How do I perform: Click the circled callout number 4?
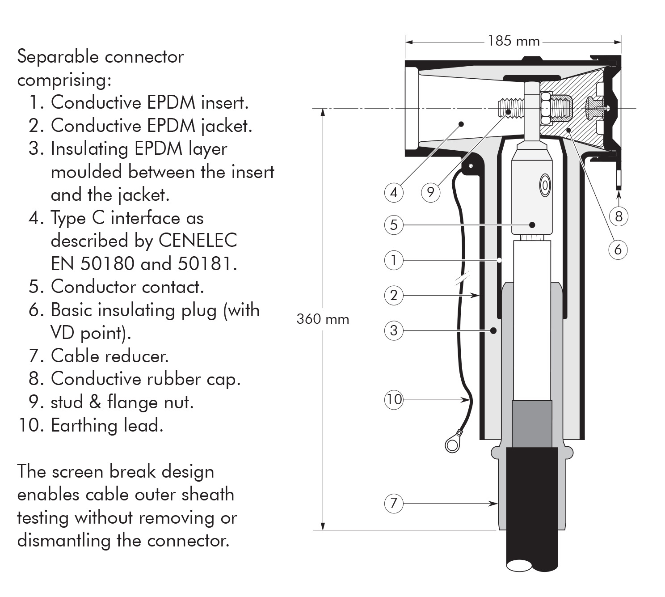point(393,192)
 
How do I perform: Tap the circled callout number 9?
point(430,192)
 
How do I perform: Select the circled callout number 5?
point(393,224)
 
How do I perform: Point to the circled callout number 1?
point(393,260)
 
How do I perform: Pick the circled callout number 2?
point(393,295)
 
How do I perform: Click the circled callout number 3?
point(393,330)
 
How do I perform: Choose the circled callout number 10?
point(394,399)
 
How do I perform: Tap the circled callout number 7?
point(393,504)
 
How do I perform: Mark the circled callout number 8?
point(619,216)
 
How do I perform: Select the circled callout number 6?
point(618,249)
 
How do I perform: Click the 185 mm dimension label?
point(513,41)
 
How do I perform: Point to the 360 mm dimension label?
point(323,319)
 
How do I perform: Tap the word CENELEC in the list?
point(198,241)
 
